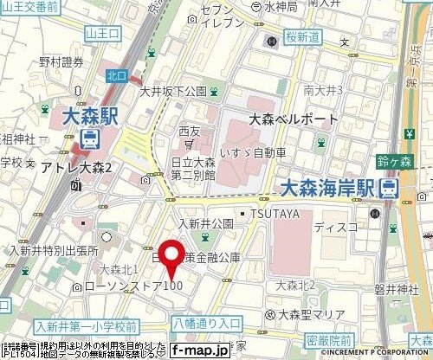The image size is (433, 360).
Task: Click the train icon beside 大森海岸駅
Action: coord(391,187)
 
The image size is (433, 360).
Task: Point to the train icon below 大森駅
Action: coord(90,138)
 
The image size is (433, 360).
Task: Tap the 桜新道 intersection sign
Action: coord(302,37)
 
